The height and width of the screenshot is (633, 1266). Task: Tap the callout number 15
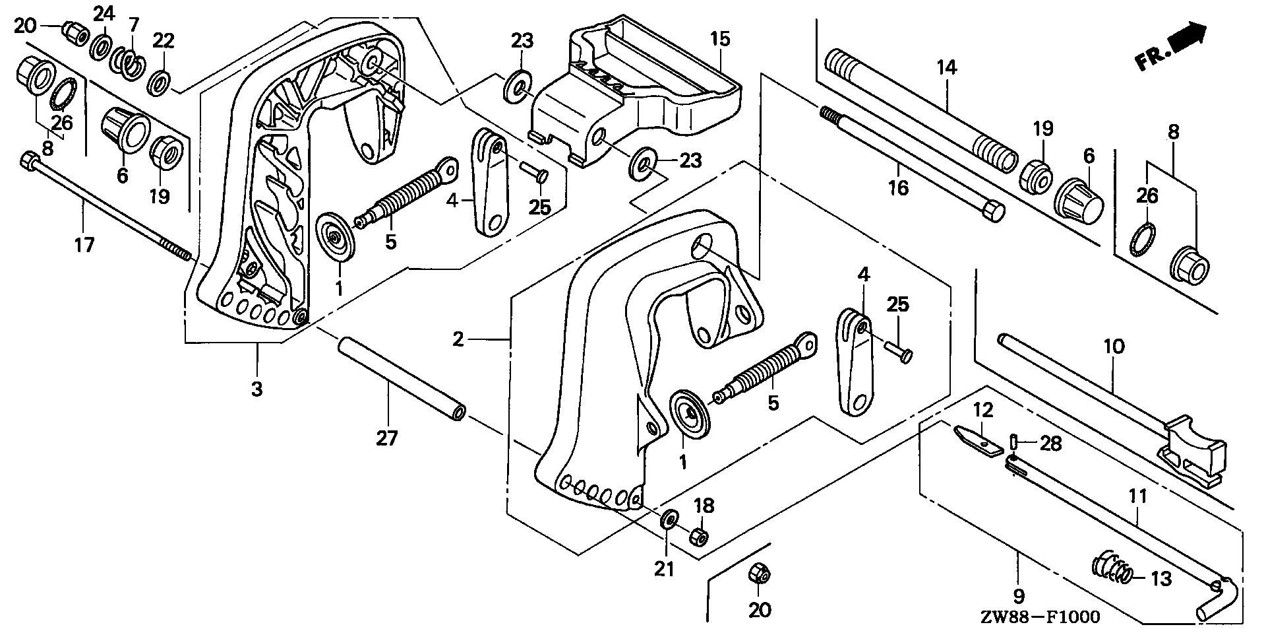click(x=720, y=39)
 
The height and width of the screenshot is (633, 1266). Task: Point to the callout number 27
click(x=387, y=438)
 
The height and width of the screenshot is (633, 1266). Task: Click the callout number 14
click(x=946, y=67)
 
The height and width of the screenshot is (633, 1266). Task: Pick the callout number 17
click(x=84, y=245)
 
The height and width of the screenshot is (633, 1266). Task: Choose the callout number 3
click(x=256, y=389)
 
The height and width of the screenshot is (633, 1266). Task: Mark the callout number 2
click(x=459, y=340)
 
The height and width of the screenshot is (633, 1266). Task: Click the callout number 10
click(x=1114, y=346)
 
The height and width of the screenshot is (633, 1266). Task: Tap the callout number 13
click(x=1160, y=579)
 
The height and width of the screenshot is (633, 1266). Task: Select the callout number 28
click(x=1051, y=444)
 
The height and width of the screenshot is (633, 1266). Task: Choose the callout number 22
click(x=163, y=41)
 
